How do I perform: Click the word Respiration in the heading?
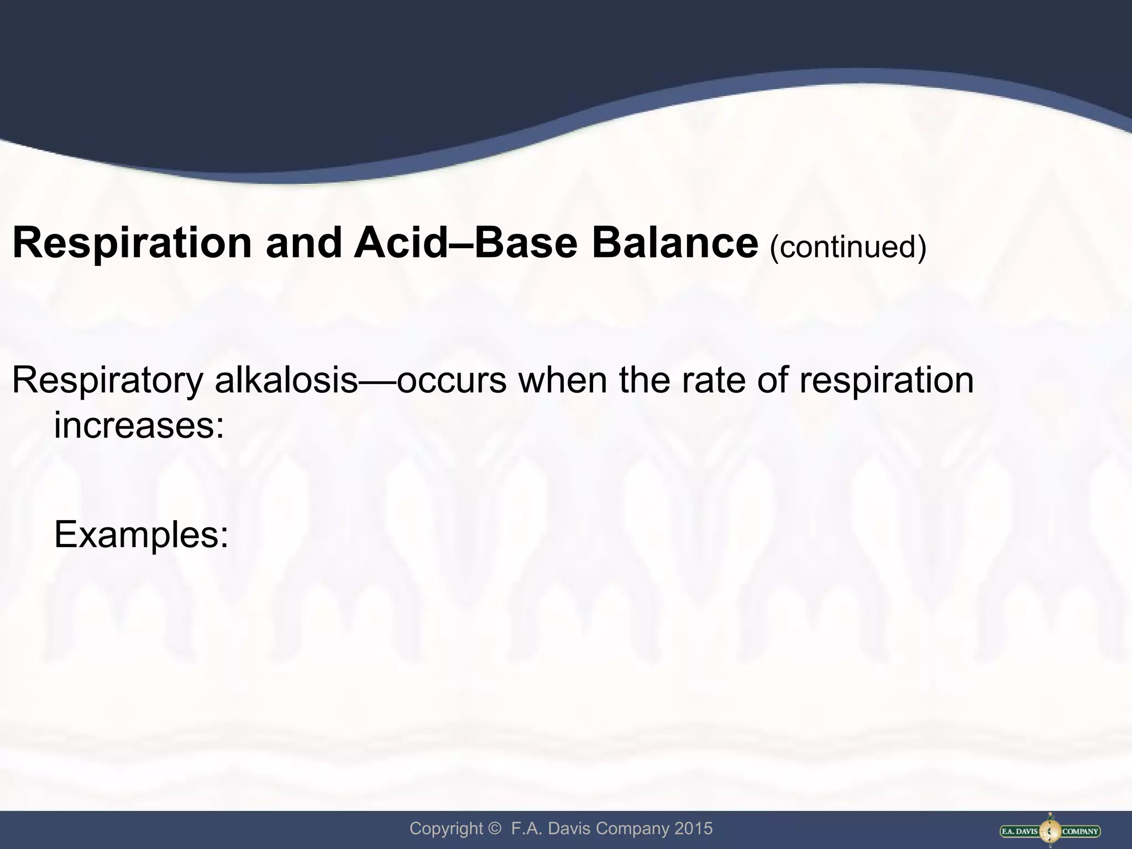(x=132, y=243)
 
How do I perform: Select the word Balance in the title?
(x=675, y=243)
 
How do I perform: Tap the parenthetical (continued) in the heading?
(x=848, y=247)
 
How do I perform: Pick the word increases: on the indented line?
(x=139, y=426)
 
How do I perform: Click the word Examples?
(x=141, y=535)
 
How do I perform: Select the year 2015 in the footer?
(x=693, y=829)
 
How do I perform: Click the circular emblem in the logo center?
(x=1050, y=830)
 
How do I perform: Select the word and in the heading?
(x=303, y=243)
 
